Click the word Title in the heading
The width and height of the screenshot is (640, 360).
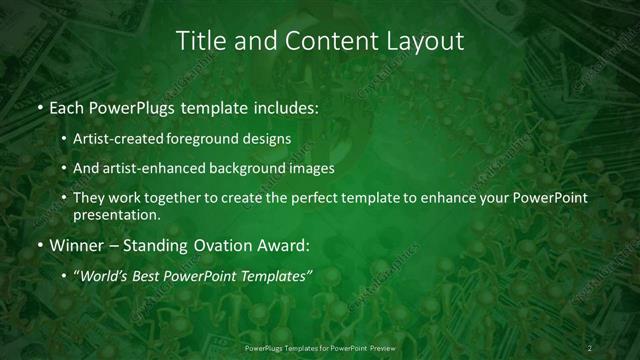coord(199,41)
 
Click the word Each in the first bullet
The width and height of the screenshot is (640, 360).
coord(66,107)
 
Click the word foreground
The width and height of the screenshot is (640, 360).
coord(210,138)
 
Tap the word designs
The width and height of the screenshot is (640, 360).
coord(269,138)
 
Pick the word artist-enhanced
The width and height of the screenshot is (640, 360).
coord(153,168)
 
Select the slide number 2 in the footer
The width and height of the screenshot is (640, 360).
coord(590,347)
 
